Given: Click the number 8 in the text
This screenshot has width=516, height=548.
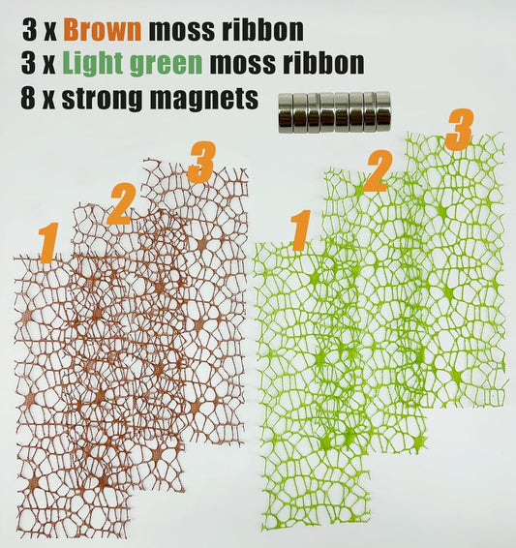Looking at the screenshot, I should [x=31, y=99].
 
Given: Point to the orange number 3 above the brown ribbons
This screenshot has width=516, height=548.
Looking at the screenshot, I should [x=200, y=162].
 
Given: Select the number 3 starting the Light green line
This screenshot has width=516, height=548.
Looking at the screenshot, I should [x=31, y=64].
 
